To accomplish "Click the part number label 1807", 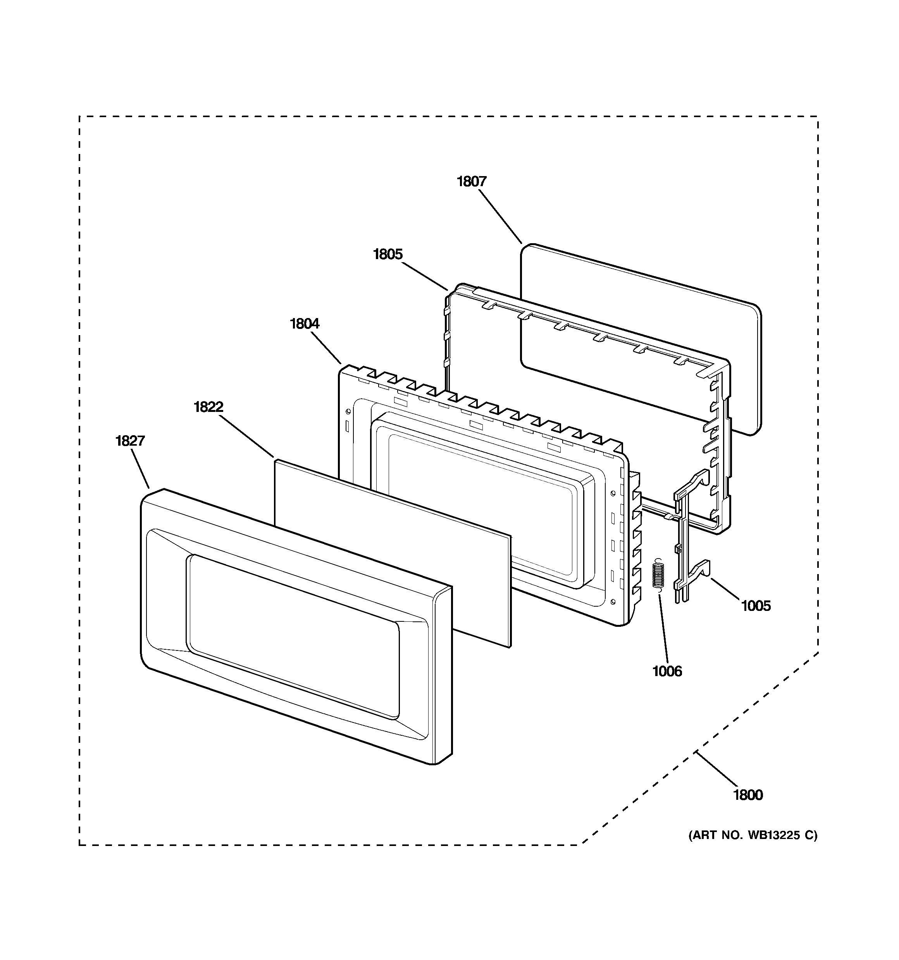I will [472, 182].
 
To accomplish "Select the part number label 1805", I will [387, 254].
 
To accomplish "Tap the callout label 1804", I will [305, 323].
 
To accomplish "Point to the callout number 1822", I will [208, 407].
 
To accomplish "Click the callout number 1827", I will [130, 441].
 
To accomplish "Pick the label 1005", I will [756, 605].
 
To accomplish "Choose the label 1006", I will [667, 671].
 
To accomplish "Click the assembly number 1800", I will [748, 795].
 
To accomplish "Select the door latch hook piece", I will [685, 541].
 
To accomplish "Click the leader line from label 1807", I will [500, 217].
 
